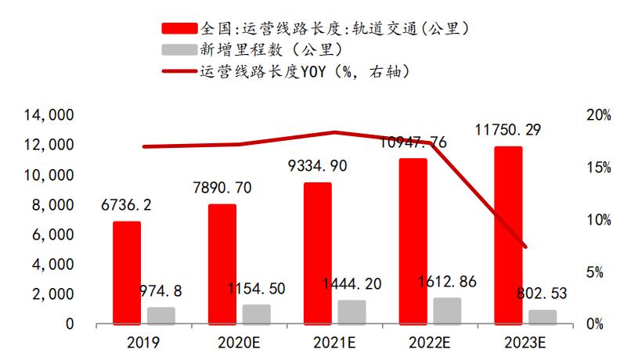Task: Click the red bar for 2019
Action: click(x=127, y=272)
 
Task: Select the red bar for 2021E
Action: click(x=318, y=253)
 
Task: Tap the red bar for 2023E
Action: click(x=508, y=235)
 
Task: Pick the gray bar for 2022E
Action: click(x=447, y=310)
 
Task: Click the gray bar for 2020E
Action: click(x=256, y=314)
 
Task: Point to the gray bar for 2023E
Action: click(x=543, y=316)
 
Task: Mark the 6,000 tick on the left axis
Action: click(x=54, y=235)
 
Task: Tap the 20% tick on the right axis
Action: click(x=598, y=116)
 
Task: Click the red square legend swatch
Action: click(x=179, y=29)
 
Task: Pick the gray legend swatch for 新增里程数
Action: click(x=179, y=50)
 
